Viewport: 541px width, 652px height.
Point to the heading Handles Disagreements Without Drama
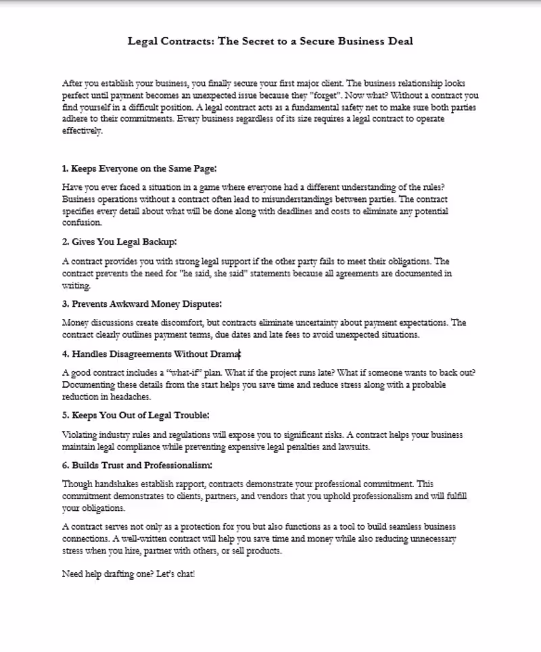tap(151, 353)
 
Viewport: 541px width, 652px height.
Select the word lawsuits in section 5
tap(352, 447)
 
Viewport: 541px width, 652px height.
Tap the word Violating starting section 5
tap(79, 435)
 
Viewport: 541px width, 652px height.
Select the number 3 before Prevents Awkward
tap(64, 304)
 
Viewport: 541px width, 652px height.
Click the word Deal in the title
tap(398, 41)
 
